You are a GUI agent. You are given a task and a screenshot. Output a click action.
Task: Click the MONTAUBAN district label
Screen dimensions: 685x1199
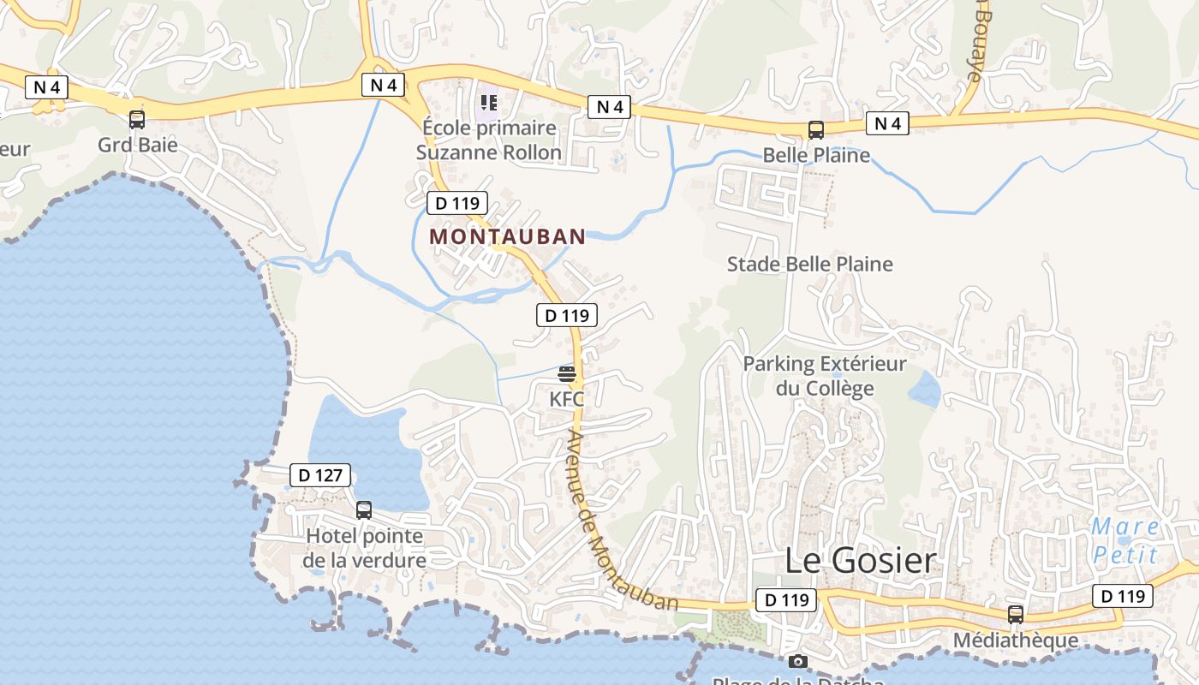[507, 236]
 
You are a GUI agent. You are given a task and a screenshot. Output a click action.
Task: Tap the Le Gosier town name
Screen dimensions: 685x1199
[861, 561]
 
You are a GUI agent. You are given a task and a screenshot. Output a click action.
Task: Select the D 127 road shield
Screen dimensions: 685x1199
[320, 475]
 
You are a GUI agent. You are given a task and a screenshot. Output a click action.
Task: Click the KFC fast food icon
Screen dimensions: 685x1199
[567, 373]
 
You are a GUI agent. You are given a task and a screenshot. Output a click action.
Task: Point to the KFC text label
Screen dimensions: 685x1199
[567, 399]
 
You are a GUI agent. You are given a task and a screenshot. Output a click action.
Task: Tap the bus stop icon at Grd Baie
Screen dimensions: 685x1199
[137, 120]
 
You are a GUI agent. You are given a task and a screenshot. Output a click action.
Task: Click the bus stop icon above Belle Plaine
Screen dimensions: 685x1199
[816, 130]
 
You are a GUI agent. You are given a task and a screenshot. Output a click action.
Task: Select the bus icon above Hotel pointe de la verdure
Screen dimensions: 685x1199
[364, 510]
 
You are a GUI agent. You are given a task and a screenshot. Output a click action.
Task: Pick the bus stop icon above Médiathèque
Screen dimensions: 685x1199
[1016, 614]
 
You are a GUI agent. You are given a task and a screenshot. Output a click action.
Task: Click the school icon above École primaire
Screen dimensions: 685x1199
[489, 104]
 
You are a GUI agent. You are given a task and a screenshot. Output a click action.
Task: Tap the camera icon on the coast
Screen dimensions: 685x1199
[798, 661]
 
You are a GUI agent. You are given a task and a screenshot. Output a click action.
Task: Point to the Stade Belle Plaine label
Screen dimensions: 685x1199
[809, 264]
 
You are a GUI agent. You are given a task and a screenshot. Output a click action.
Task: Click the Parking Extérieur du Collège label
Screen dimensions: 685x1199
[824, 376]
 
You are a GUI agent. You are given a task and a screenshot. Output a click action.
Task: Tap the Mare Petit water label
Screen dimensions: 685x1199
[1126, 540]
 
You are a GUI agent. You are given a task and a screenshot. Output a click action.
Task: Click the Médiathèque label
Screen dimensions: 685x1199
[1016, 640]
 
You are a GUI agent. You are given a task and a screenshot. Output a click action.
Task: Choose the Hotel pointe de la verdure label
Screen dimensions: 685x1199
[365, 549]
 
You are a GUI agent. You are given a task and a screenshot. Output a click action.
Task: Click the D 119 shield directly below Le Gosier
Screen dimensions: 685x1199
[786, 600]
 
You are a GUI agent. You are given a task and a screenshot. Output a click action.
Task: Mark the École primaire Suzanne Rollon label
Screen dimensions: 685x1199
[489, 140]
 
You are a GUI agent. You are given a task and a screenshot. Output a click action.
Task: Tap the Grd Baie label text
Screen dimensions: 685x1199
[138, 144]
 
